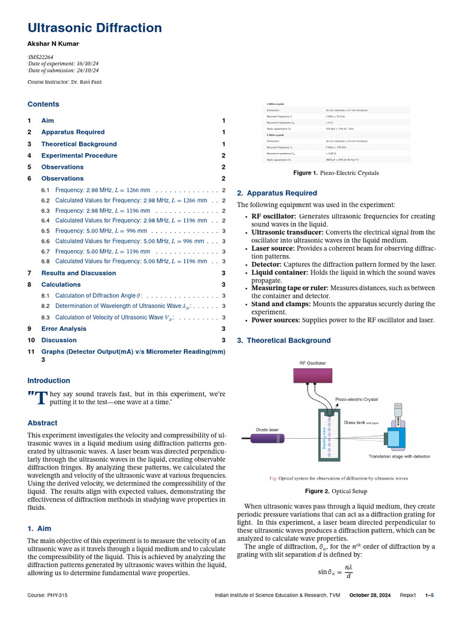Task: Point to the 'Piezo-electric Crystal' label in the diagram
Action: tap(356, 399)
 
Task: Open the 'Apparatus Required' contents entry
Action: tap(72, 132)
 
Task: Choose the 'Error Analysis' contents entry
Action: tap(63, 328)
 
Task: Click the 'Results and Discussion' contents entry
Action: tap(78, 273)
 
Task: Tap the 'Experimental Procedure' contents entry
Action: tap(79, 155)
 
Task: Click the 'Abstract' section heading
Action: tap(42, 423)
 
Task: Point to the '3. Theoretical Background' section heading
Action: tap(284, 340)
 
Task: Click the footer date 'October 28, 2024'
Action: tap(370, 595)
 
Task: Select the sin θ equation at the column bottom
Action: tap(335, 572)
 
